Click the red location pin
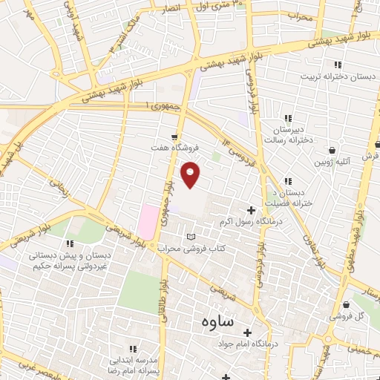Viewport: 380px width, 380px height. [191, 174]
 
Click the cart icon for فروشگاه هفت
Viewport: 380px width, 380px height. [174, 136]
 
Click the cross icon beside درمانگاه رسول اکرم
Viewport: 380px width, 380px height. [250, 211]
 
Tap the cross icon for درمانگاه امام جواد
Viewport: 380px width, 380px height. [248, 332]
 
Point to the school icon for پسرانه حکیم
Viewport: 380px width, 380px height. [71, 243]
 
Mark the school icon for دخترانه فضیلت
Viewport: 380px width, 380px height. [288, 181]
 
